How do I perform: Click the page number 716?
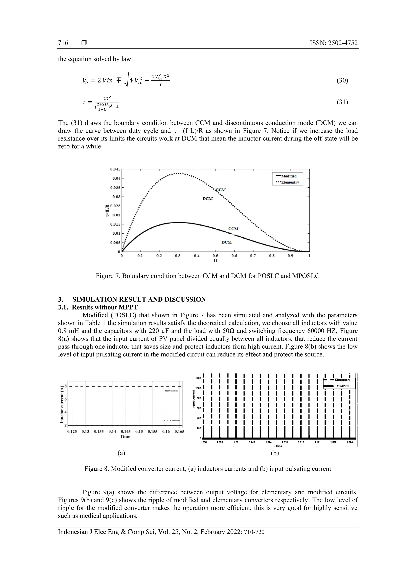[63, 43]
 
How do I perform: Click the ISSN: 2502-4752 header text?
[334, 43]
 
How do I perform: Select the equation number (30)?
[342, 80]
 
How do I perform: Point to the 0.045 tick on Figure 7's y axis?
[115, 169]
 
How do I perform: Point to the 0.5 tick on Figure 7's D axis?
[215, 256]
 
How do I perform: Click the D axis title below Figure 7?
[215, 261]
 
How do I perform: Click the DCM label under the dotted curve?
[208, 199]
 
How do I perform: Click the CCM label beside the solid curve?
[233, 229]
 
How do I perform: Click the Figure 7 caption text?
[207, 276]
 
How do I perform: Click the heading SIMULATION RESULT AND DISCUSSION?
[139, 299]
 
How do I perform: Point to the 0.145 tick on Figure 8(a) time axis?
[125, 432]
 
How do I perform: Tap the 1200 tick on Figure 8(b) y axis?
[198, 378]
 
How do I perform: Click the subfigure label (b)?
[275, 453]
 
